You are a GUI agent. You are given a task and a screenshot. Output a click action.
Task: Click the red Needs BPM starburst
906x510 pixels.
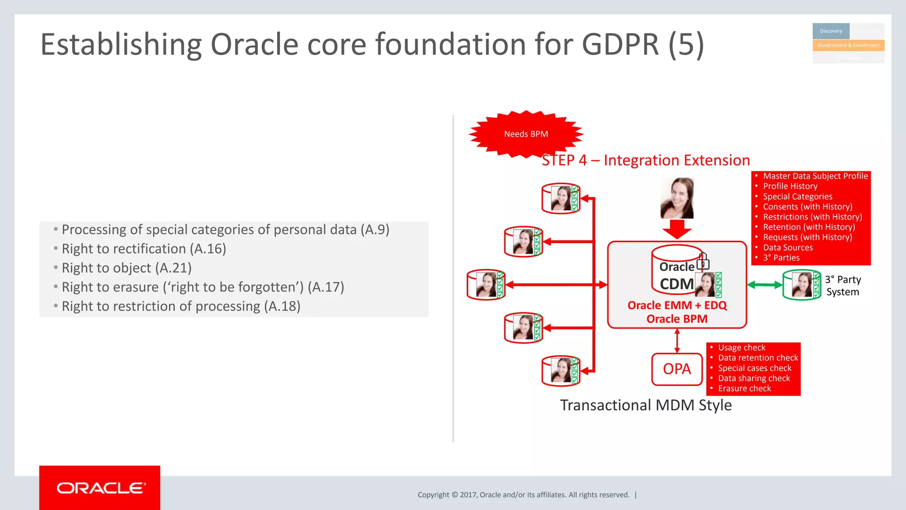[x=526, y=134]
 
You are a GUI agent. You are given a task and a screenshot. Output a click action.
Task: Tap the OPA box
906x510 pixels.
[x=676, y=369]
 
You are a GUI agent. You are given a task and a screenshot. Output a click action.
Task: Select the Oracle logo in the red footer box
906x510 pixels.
[x=100, y=488]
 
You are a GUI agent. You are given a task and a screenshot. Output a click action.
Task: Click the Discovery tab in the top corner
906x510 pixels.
[x=831, y=31]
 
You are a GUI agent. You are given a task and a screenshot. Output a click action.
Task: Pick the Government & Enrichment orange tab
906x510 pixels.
[x=848, y=45]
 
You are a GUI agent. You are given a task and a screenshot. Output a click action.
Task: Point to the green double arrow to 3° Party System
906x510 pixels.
[x=764, y=285]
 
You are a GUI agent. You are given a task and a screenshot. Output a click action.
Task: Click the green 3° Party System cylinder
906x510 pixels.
[x=801, y=285]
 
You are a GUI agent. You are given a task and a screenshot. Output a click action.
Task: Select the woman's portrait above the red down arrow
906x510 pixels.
[x=677, y=198]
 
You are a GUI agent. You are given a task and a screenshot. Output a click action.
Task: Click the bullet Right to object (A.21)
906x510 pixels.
[x=127, y=268]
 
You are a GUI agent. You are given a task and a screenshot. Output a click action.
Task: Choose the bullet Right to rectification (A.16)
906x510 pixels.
[x=144, y=249]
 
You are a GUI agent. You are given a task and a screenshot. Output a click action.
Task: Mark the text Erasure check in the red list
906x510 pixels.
[x=744, y=388]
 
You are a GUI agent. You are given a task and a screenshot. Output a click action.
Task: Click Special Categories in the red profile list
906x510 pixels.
[x=797, y=197]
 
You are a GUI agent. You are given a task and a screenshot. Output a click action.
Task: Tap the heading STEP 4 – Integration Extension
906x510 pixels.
[x=646, y=160]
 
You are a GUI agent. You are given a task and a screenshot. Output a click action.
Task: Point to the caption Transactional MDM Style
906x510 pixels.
[x=646, y=405]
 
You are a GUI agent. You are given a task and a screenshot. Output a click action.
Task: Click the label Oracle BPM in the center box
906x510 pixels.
[x=677, y=319]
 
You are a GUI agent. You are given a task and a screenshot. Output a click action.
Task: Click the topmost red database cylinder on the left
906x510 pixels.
[x=560, y=198]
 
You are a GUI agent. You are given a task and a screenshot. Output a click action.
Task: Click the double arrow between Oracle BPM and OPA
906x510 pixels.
[x=677, y=341]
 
